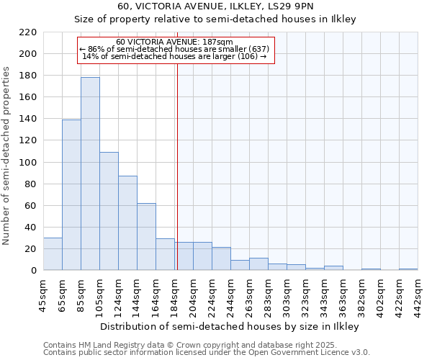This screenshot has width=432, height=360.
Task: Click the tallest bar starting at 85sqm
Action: pos(90,174)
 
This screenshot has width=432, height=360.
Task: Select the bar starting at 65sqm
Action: pos(71,194)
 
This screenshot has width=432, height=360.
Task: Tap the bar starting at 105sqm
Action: pos(109,211)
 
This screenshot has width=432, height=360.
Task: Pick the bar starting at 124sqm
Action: pos(127,223)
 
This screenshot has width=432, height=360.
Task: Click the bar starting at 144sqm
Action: pos(146,236)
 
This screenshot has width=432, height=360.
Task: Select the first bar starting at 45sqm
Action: pos(53,254)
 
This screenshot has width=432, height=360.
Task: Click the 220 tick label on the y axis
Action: pos(28,32)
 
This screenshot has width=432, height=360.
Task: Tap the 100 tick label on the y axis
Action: pos(28,162)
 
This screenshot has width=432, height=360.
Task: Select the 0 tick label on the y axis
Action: pos(34,271)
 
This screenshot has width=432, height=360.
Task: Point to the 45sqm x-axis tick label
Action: pos(43,294)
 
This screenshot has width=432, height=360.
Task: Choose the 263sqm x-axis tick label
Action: pos(249,294)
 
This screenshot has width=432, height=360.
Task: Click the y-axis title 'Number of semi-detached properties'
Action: pos(7,156)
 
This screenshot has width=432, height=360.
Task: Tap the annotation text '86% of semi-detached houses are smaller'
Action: pos(176,48)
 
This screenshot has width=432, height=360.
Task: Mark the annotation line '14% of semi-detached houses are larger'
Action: pos(176,56)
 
